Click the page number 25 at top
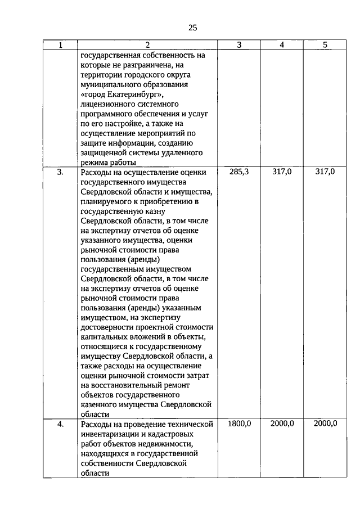192,27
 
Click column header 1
60,46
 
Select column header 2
147,46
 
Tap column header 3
238,46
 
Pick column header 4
281,46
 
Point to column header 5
325,46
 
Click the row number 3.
60,172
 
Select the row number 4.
60,424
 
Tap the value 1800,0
239,424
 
